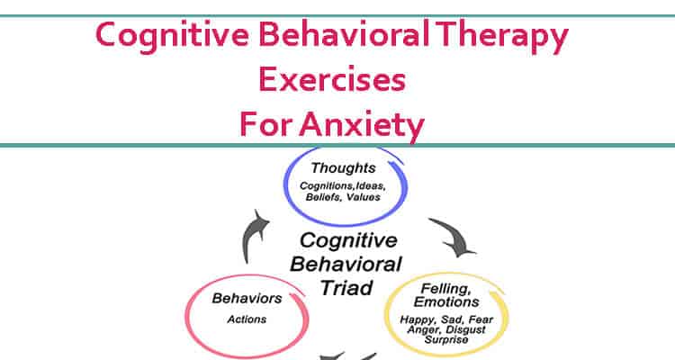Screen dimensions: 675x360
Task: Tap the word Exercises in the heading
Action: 332,80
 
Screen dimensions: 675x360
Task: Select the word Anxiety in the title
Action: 362,125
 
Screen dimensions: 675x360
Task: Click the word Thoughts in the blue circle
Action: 343,168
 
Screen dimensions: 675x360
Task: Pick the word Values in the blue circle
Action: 364,197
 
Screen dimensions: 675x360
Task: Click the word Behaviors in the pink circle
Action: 247,298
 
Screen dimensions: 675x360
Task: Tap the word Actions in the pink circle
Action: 247,319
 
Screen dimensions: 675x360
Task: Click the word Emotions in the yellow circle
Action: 446,301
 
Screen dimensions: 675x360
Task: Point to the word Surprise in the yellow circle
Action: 446,340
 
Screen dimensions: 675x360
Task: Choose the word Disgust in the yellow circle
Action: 466,330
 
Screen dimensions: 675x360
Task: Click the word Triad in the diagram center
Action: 346,288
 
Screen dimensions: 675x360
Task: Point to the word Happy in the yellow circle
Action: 417,320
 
